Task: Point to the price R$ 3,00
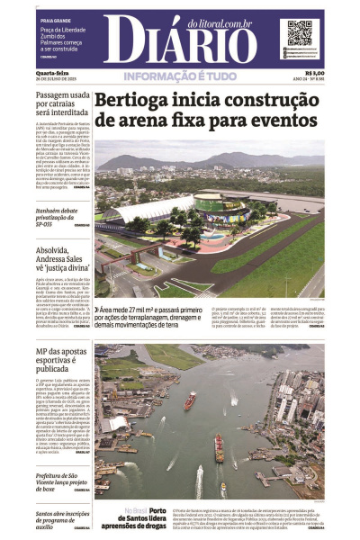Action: pyautogui.click(x=314, y=74)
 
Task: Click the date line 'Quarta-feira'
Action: pyautogui.click(x=50, y=73)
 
